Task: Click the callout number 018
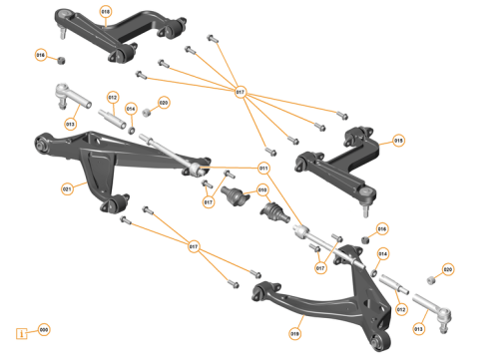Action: (x=107, y=11)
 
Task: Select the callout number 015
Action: (x=398, y=141)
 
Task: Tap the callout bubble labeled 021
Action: (x=67, y=188)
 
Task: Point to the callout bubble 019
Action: (x=295, y=334)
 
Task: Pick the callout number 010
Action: (x=262, y=188)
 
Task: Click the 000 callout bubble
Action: (x=43, y=329)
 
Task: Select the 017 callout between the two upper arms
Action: (x=240, y=93)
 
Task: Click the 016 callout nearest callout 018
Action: (x=41, y=55)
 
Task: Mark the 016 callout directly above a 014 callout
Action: (x=381, y=229)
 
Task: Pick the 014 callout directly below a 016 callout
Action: (x=382, y=253)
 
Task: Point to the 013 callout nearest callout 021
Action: (x=71, y=125)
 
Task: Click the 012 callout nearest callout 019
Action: (x=401, y=310)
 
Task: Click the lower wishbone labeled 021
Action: (x=110, y=160)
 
